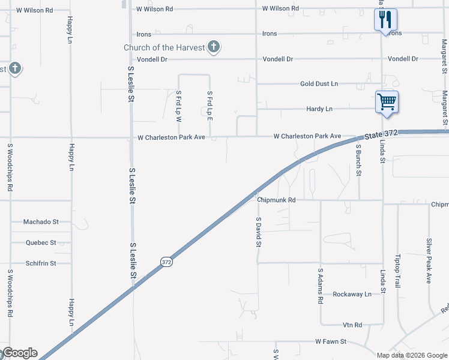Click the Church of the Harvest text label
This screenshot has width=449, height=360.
tap(163, 47)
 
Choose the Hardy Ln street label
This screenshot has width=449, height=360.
tap(319, 109)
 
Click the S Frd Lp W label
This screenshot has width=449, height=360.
tap(178, 106)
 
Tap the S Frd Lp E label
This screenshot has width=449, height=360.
tap(209, 106)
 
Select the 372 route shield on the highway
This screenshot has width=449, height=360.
tap(166, 262)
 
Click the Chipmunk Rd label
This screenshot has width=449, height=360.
tap(276, 200)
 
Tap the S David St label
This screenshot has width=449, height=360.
tap(259, 232)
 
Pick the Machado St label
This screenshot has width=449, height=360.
tap(41, 222)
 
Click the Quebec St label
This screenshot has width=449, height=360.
tap(41, 243)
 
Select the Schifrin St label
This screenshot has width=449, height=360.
tap(41, 263)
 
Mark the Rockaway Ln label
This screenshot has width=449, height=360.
tap(352, 294)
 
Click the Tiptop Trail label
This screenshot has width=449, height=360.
tap(397, 277)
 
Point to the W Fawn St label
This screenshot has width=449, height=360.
tap(331, 341)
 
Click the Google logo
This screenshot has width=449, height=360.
tap(20, 353)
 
